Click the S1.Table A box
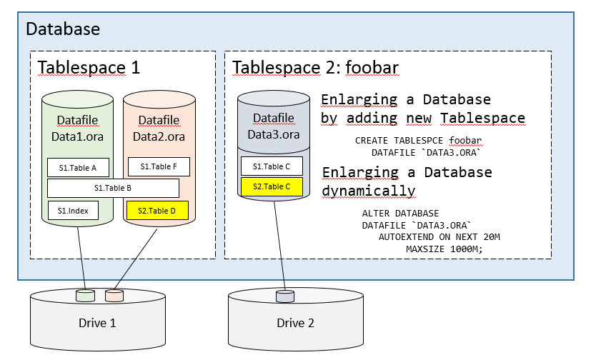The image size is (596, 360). click(x=78, y=167)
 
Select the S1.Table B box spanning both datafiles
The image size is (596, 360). click(x=112, y=188)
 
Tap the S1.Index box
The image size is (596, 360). click(x=73, y=210)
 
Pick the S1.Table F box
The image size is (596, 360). click(x=158, y=166)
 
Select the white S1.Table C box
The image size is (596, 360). click(x=272, y=166)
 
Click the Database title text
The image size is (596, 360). click(x=63, y=29)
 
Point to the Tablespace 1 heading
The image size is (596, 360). click(x=89, y=67)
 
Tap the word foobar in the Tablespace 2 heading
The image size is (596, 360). click(x=372, y=67)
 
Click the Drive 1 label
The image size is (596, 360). click(x=96, y=323)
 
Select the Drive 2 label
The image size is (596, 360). click(x=295, y=323)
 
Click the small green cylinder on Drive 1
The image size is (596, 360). click(x=86, y=295)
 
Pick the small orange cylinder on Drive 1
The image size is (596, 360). click(x=114, y=295)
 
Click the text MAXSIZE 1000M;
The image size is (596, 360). click(x=444, y=249)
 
